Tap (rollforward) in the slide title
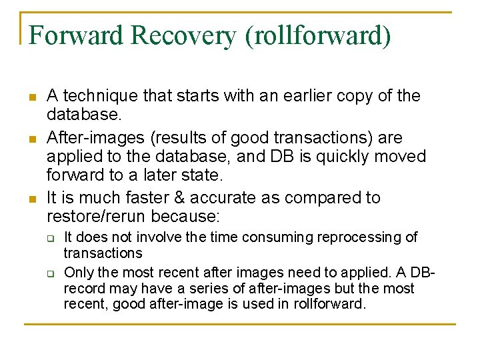click(x=318, y=36)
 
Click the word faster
click(x=159, y=198)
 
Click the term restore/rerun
click(x=97, y=217)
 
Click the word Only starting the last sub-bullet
click(x=78, y=273)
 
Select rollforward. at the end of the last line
click(x=329, y=305)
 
